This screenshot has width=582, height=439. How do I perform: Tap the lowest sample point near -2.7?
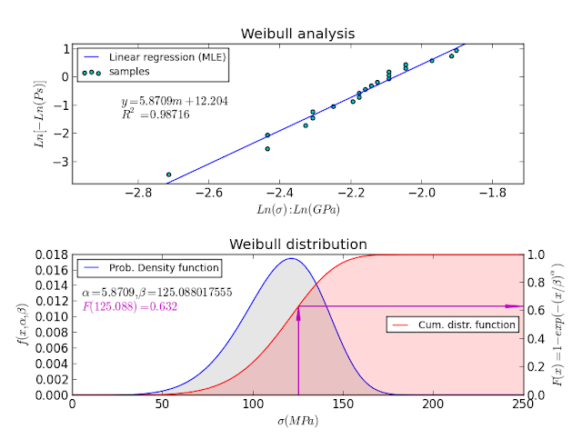[168, 174]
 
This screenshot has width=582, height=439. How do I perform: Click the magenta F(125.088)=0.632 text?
[129, 307]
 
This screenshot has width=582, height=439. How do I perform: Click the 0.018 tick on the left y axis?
[52, 255]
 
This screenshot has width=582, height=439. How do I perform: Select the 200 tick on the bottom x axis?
[433, 405]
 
